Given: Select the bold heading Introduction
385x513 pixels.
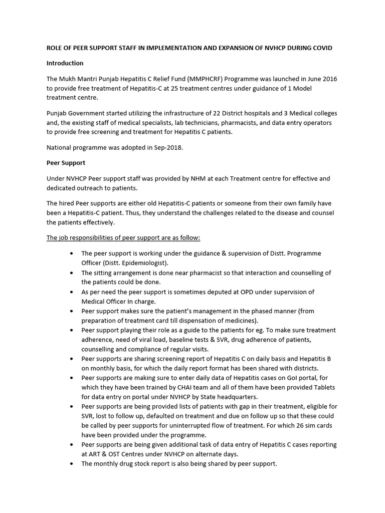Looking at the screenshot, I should coord(65,63).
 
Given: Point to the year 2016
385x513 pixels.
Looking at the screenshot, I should coord(327,79).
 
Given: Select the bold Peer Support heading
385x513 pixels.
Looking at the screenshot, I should coord(66,163).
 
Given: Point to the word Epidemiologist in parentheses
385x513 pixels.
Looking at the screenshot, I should coord(139,263).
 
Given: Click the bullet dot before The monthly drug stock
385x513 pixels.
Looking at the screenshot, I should coord(73,464).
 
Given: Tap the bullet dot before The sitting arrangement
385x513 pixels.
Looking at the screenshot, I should coord(73,273).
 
